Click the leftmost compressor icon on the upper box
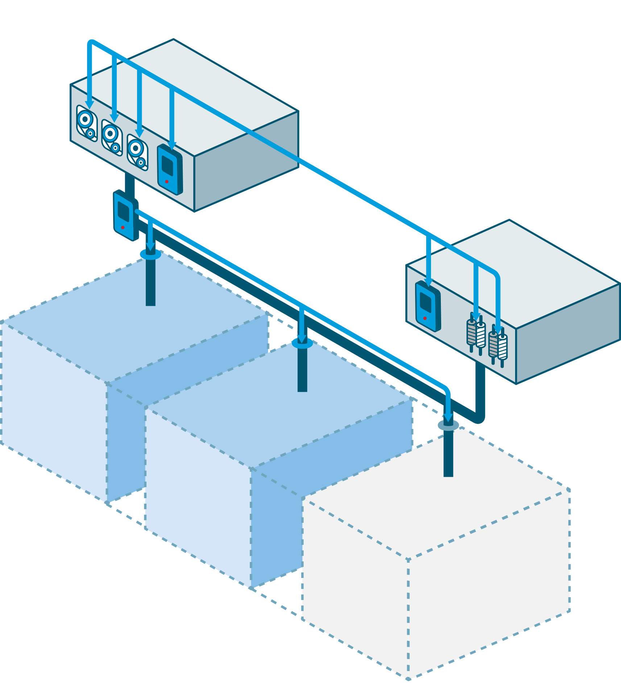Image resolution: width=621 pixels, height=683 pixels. point(87,123)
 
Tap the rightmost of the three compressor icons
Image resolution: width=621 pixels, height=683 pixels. point(137,153)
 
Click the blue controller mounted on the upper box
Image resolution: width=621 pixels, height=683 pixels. point(170,170)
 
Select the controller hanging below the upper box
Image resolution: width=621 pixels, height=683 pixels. point(125,216)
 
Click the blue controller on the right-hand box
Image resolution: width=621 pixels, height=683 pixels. point(428,306)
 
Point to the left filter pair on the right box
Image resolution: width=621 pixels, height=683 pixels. point(476,333)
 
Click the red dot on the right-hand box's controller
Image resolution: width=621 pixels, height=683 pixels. point(425,318)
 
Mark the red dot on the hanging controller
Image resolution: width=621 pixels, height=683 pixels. point(123,227)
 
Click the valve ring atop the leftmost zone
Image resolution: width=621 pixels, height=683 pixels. point(150,254)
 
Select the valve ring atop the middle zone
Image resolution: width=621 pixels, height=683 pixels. point(302,343)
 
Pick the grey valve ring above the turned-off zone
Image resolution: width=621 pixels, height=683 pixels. point(448,425)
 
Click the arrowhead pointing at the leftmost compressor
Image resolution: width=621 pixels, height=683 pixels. point(89,105)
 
